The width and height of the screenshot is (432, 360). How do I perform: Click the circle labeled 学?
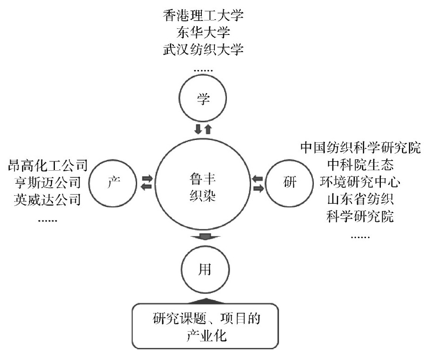[x=203, y=99]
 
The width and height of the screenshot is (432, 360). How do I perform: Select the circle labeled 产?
[x=111, y=183]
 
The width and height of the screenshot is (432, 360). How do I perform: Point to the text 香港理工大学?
[x=203, y=16]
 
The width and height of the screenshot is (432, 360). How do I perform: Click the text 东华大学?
[x=203, y=33]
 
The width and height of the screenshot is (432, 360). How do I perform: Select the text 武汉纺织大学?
[x=203, y=49]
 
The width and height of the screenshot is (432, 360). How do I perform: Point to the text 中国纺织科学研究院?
[x=361, y=148]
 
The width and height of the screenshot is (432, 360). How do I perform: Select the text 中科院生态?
[x=361, y=165]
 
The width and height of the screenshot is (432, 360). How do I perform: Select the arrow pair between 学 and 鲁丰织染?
[x=203, y=129]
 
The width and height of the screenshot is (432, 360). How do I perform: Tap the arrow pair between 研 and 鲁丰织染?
[x=257, y=183]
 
